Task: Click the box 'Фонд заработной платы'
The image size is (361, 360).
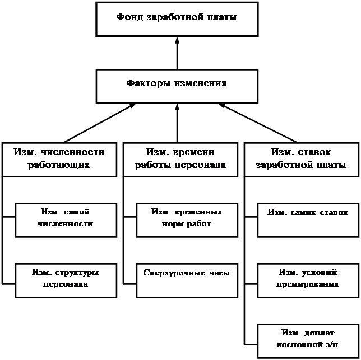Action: pos(177,19)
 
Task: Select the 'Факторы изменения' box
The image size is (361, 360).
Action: pos(177,86)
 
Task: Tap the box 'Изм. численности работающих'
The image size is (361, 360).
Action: pos(59,160)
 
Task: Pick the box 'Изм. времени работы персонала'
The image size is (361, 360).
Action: pos(180,160)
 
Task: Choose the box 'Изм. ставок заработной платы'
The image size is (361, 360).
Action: pos(302,160)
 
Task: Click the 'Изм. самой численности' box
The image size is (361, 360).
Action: pos(66,220)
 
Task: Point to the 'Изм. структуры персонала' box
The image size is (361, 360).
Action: pos(66,280)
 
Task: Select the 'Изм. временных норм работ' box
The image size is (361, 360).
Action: pos(187,220)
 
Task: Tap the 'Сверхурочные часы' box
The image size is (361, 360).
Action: pos(187,280)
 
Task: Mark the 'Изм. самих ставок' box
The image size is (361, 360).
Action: pos(308,220)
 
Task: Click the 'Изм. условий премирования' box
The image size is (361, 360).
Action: pos(308,280)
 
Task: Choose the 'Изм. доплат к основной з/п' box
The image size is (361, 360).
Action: pos(308,341)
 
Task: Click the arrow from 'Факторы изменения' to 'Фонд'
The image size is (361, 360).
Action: pos(177,53)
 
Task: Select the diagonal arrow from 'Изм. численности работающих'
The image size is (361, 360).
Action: pos(99,123)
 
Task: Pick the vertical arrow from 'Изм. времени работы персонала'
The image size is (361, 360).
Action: pos(177,123)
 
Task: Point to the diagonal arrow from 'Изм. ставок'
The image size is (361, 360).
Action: pos(258,123)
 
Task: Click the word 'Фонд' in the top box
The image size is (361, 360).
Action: pos(129,17)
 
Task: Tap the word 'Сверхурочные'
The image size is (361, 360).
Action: pos(174,273)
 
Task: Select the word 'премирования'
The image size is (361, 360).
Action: pos(307,284)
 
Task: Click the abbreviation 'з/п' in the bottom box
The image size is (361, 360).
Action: pos(332,344)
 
